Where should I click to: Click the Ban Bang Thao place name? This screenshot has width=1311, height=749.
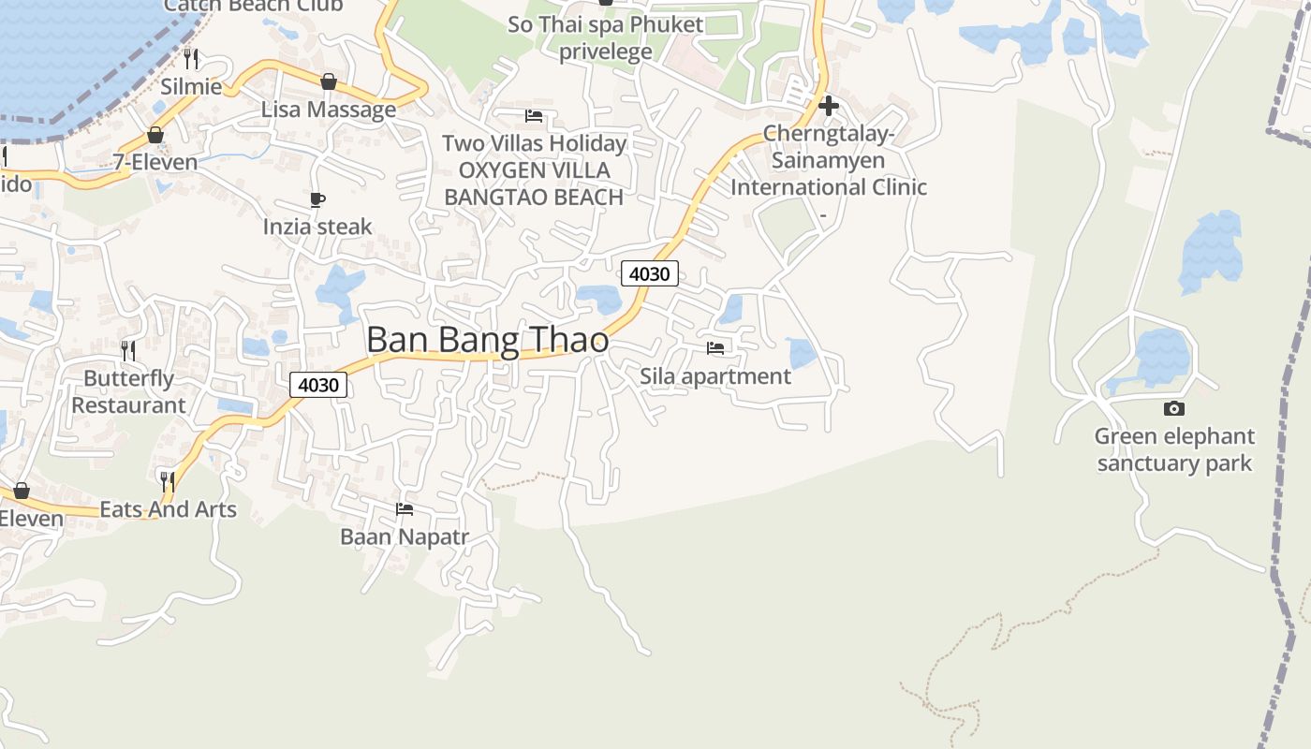(x=487, y=340)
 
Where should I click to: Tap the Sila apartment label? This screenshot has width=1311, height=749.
(x=715, y=376)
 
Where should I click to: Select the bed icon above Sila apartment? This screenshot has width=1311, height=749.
(x=715, y=348)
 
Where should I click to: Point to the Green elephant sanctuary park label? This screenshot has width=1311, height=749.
(x=1174, y=449)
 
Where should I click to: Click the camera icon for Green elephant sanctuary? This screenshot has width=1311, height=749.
(x=1173, y=408)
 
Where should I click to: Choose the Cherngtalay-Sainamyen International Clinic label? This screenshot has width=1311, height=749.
(x=829, y=161)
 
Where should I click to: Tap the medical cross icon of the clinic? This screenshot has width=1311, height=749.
(x=828, y=106)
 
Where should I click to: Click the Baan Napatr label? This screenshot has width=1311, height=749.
(x=405, y=536)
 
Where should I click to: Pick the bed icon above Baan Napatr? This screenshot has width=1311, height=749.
(x=405, y=509)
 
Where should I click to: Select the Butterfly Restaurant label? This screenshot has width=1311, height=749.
(x=129, y=391)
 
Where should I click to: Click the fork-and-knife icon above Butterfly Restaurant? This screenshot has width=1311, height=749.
(x=128, y=351)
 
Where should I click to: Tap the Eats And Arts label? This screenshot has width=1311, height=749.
(x=168, y=509)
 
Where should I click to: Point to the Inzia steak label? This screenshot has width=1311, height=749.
(x=317, y=227)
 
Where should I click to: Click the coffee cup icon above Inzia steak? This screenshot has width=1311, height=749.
(x=317, y=199)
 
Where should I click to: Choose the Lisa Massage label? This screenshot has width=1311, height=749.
(x=328, y=110)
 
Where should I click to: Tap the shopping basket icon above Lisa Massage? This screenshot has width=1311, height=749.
(x=329, y=81)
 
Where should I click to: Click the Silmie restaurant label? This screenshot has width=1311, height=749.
(x=191, y=87)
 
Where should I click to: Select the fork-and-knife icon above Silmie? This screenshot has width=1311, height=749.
(x=191, y=59)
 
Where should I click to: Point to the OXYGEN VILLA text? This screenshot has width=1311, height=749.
(x=534, y=170)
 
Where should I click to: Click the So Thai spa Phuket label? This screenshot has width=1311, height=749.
(x=605, y=24)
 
